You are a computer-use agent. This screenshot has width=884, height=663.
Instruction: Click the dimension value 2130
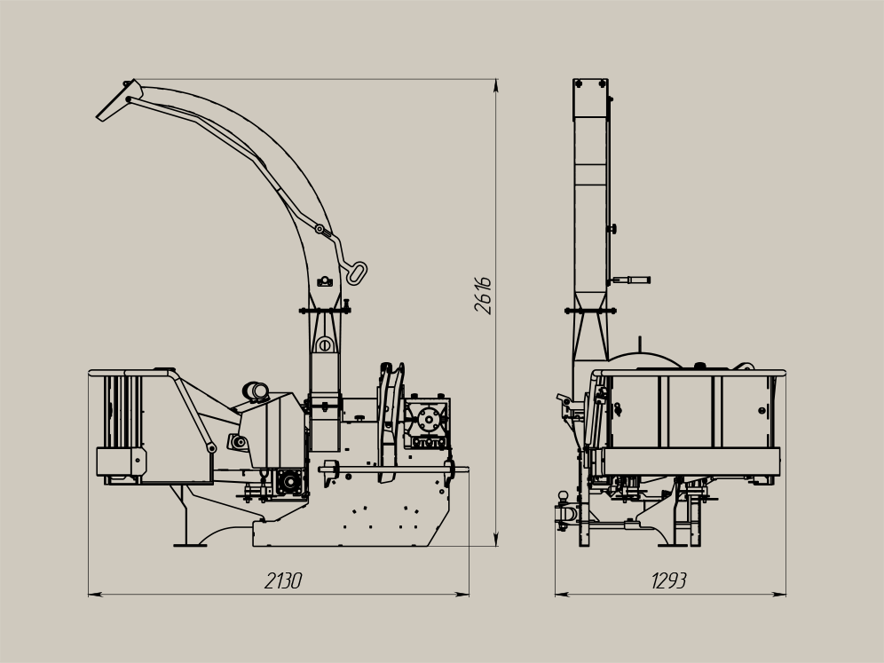pyautogui.click(x=283, y=580)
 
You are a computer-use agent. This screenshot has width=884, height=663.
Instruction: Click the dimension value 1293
pyautogui.click(x=669, y=580)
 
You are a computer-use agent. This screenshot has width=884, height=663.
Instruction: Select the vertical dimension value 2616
pyautogui.click(x=483, y=296)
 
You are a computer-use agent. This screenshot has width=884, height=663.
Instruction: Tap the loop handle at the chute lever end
pyautogui.click(x=357, y=272)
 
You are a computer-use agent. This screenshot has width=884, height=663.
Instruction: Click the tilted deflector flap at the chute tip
pyautogui.click(x=119, y=101)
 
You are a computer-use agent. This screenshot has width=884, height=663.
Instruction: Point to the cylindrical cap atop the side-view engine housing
pyautogui.click(x=256, y=391)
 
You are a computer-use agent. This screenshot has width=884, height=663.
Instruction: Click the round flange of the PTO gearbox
pyautogui.click(x=430, y=419)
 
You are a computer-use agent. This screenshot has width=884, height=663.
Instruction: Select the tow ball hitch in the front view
pyautogui.click(x=564, y=496)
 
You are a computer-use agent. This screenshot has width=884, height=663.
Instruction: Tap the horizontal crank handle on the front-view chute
pyautogui.click(x=631, y=280)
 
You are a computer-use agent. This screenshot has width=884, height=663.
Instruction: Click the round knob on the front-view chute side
pyautogui.click(x=612, y=228)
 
